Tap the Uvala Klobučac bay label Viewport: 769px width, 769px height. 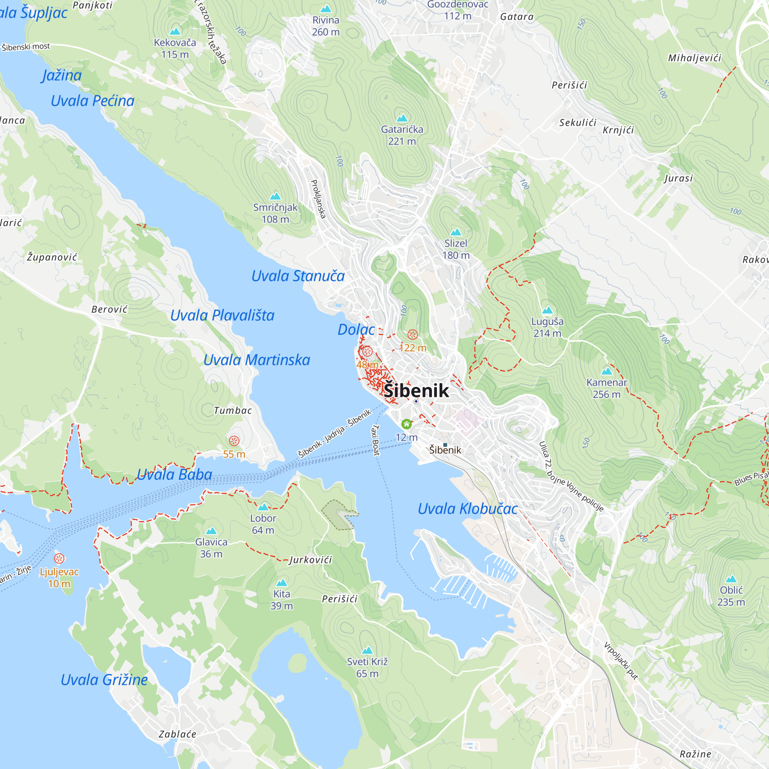pos(467,509)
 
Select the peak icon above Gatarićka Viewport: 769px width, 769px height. pos(402,118)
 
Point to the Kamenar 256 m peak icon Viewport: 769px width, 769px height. pos(607,371)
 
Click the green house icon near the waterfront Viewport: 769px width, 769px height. pos(406,424)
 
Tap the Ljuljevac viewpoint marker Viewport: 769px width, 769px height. pos(59,558)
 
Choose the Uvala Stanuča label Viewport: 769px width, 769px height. pos(298,276)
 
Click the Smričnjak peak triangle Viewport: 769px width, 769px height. pos(275,196)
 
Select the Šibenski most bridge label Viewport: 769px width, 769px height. pos(26,47)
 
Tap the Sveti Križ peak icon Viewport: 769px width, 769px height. pos(367,651)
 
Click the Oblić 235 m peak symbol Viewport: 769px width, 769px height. pos(731,579)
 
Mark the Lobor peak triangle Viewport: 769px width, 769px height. pos(263,507)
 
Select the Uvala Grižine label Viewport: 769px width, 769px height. pos(104,680)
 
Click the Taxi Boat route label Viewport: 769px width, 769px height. pos(375,440)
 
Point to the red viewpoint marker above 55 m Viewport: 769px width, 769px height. pos(234,441)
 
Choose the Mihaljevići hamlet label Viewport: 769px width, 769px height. pos(694,58)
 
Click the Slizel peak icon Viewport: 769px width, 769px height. pos(456,232)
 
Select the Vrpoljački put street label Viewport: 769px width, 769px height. pos(621,661)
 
